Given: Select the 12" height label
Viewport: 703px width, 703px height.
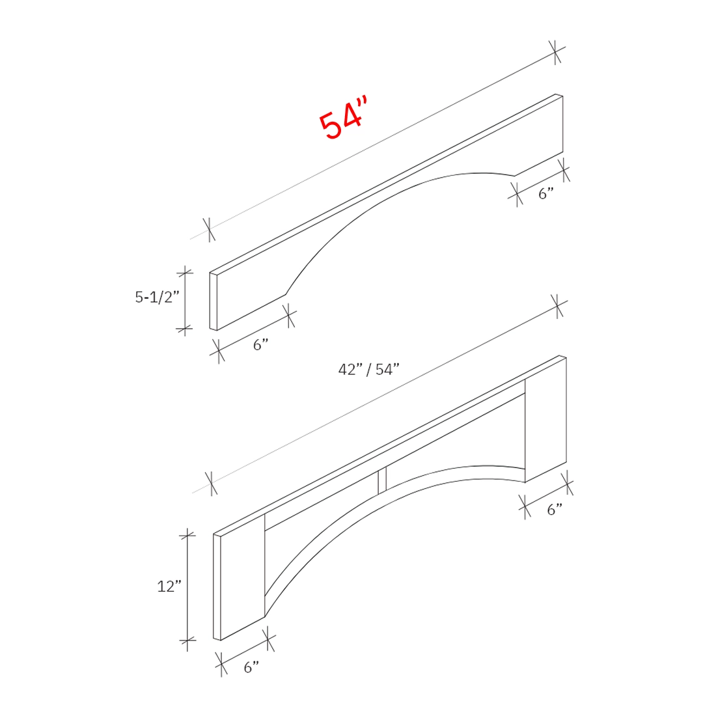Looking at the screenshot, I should pyautogui.click(x=168, y=586).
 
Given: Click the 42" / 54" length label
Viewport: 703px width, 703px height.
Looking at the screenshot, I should pyautogui.click(x=368, y=370).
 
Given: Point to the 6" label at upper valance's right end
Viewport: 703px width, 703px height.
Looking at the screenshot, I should pyautogui.click(x=545, y=193).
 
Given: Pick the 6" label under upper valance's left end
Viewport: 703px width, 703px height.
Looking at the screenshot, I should pyautogui.click(x=261, y=345).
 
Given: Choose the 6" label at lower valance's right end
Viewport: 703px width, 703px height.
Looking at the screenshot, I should pyautogui.click(x=554, y=510).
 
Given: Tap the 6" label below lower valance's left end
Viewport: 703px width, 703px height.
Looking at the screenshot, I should pyautogui.click(x=251, y=667).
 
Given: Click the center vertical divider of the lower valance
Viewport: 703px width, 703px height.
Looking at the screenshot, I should pyautogui.click(x=382, y=480).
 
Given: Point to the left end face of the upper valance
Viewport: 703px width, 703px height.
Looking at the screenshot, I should pyautogui.click(x=213, y=301).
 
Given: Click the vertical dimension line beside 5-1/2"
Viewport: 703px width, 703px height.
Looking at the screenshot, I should pyautogui.click(x=185, y=301).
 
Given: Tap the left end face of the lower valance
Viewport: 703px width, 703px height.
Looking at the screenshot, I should pyautogui.click(x=217, y=587).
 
